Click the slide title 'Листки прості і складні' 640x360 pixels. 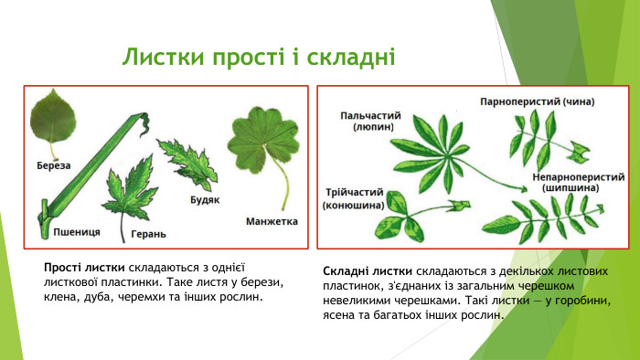pyautogui.click(x=259, y=58)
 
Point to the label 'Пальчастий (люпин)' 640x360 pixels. pyautogui.click(x=371, y=122)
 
